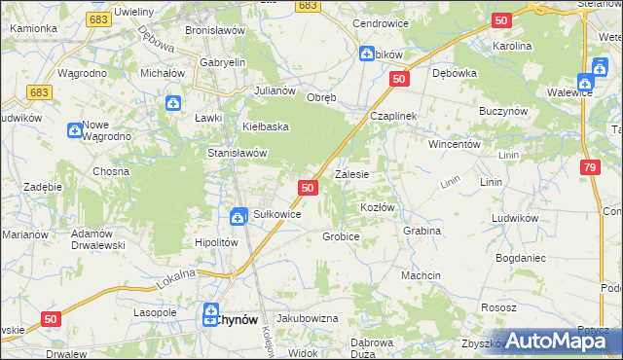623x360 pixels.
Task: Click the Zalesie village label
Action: tap(351, 175)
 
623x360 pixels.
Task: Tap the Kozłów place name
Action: tap(378, 208)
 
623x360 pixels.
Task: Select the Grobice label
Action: tap(342, 236)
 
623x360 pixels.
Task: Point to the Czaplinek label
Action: tap(393, 116)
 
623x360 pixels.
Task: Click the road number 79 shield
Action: tap(590, 168)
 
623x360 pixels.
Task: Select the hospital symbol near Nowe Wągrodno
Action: tap(75, 130)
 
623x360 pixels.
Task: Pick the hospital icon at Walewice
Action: tap(585, 84)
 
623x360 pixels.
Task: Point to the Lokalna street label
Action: tap(175, 279)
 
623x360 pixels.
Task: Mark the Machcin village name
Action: tap(421, 276)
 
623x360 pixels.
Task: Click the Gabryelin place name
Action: tap(222, 62)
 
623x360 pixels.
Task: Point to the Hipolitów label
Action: tap(217, 243)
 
